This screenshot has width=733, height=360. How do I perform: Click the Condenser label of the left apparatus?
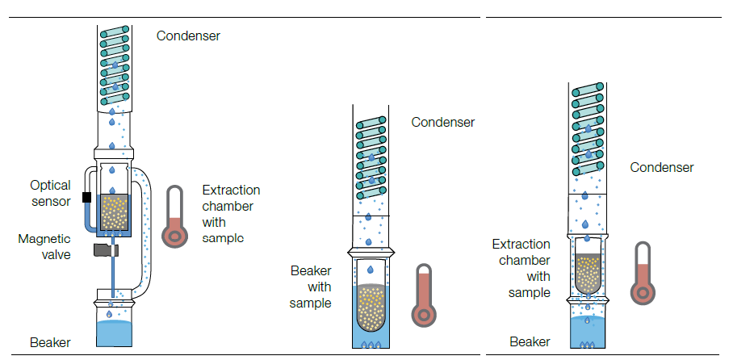(x=188, y=36)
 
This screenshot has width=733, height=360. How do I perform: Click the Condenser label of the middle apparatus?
(x=442, y=123)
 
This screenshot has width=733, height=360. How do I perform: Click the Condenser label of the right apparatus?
(x=662, y=168)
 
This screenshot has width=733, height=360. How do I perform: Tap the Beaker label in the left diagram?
(x=50, y=342)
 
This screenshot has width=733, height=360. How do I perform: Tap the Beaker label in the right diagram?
(x=530, y=342)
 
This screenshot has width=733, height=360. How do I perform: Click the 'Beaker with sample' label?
(x=311, y=287)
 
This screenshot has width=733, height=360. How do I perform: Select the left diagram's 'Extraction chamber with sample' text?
(x=231, y=214)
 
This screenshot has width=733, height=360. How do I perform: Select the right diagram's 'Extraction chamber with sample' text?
(x=521, y=268)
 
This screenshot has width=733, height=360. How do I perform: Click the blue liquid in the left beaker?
(x=113, y=332)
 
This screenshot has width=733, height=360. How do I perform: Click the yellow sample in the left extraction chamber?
(x=115, y=213)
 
